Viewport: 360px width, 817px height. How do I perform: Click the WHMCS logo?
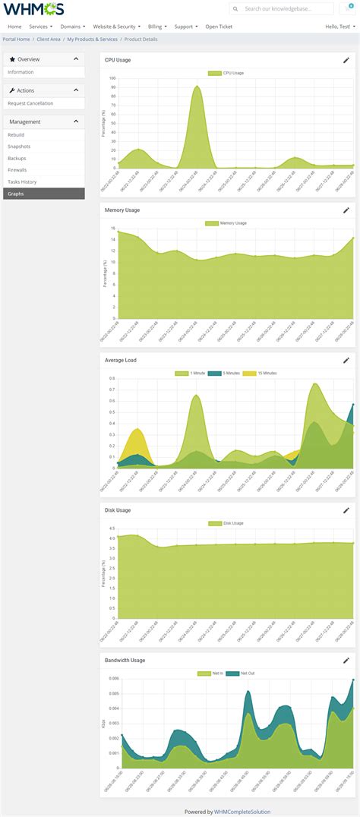[x=34, y=9]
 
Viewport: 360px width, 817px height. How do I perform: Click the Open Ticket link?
[x=219, y=27]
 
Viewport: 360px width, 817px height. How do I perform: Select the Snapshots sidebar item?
[x=19, y=146]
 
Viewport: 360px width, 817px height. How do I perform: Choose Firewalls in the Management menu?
[x=17, y=169]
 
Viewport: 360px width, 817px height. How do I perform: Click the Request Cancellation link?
[x=30, y=103]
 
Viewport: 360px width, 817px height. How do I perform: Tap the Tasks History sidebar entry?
[x=22, y=181]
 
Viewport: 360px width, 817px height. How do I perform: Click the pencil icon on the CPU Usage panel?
[x=346, y=60]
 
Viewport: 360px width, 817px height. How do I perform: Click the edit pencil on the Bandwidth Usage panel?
[x=346, y=661]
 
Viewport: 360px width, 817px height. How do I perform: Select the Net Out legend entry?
[x=245, y=673]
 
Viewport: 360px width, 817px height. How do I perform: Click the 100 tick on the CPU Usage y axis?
[x=112, y=77]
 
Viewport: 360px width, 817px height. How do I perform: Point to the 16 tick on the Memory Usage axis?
[x=112, y=228]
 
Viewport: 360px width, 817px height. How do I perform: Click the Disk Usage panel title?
[x=118, y=510]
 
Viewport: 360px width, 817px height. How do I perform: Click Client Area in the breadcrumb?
[x=49, y=39]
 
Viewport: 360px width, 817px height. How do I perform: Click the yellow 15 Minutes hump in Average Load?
[x=137, y=444]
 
